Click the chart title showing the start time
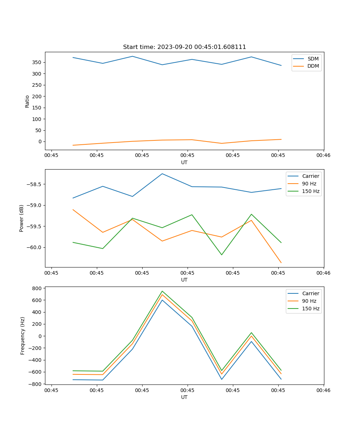[x=184, y=47]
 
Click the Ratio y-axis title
[x=27, y=101]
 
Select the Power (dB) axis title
[x=22, y=218]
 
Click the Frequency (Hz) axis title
[x=22, y=336]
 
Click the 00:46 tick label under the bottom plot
[x=323, y=390]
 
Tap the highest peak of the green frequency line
[x=162, y=291]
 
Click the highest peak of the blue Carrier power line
[x=162, y=174]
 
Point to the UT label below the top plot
[x=184, y=162]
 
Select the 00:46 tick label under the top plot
[x=323, y=156]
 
